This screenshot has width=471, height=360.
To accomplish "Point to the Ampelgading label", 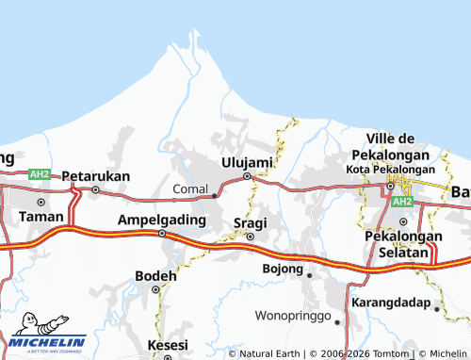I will [x=160, y=220].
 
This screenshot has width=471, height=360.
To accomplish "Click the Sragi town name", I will [x=250, y=222].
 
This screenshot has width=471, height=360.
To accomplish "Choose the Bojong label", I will [x=282, y=269].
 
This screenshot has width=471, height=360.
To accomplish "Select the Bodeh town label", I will [x=156, y=276].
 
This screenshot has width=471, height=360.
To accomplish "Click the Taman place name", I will [x=41, y=216].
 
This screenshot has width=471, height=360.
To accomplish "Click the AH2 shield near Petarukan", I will [x=40, y=174].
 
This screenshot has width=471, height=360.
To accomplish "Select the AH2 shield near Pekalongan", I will [x=402, y=202].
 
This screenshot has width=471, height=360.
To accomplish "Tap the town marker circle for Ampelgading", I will [x=161, y=233].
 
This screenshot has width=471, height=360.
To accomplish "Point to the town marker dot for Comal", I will [x=216, y=195].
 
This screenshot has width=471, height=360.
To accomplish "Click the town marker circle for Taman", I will [x=41, y=202].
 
